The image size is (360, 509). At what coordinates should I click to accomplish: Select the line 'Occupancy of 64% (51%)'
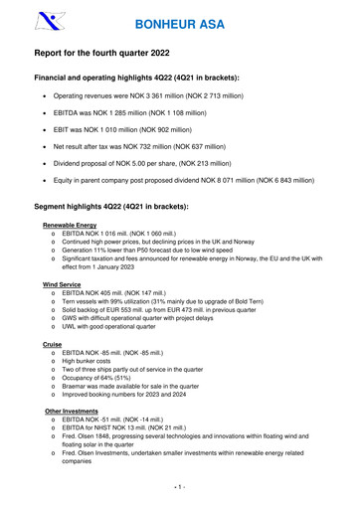(100, 381)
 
